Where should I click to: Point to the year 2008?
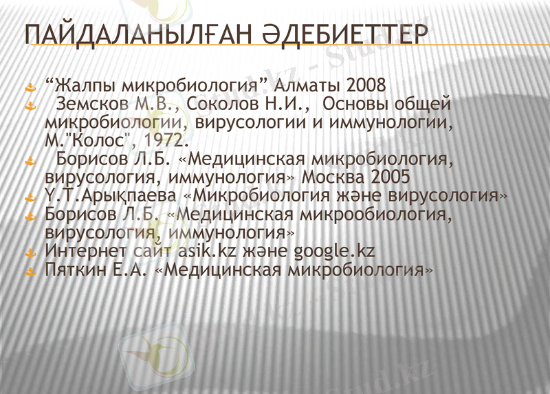coord(367,87)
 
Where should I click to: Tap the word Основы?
coord(357,105)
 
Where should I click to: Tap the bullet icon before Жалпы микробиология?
coord(30,89)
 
